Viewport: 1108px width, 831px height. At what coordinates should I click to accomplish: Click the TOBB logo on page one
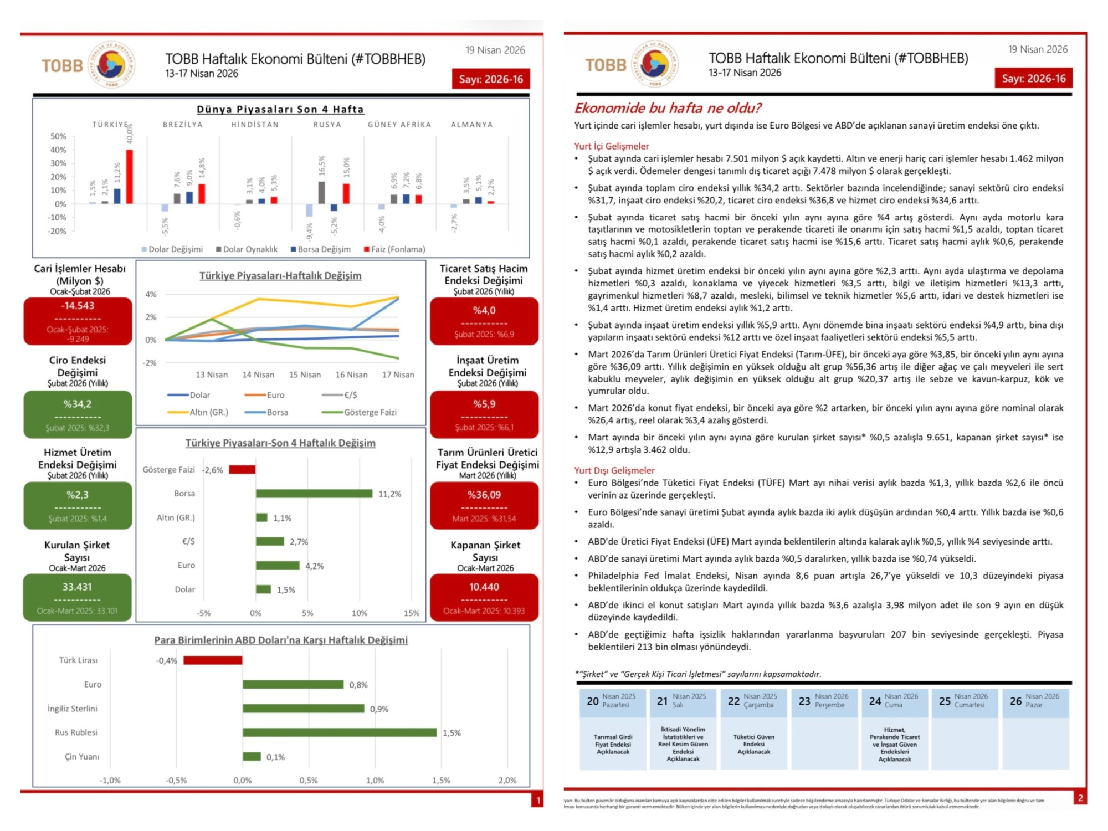(89, 65)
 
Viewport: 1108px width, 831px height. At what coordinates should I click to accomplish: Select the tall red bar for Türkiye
(130, 177)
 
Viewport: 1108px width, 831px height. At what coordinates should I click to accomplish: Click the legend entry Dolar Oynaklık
(247, 249)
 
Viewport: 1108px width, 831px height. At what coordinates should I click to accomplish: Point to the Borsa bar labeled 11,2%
(314, 494)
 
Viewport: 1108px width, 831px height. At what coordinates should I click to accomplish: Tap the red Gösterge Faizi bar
(242, 470)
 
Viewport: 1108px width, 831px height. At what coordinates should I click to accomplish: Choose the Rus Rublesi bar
(340, 732)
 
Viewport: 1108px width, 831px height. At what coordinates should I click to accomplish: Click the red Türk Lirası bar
(213, 660)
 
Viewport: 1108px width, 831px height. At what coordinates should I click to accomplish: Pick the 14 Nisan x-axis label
(258, 375)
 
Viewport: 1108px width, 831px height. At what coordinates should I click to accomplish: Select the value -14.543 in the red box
(78, 306)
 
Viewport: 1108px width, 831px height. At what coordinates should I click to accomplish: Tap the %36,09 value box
(484, 495)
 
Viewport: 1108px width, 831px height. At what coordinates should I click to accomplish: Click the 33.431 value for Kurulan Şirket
(77, 587)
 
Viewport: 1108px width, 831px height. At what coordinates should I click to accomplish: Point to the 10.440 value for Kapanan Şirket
(484, 587)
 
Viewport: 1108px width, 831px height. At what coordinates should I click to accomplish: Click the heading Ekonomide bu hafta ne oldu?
(668, 108)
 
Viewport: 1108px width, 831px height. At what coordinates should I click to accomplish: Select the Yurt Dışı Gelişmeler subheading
(614, 470)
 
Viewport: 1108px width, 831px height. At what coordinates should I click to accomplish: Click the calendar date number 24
(875, 701)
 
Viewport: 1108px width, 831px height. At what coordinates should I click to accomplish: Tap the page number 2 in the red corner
(1080, 798)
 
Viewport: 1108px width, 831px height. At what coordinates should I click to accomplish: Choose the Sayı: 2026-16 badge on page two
(1033, 79)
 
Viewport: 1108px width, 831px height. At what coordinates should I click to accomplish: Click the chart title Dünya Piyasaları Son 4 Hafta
(280, 110)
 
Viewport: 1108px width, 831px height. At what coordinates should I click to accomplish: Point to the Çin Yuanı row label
(82, 757)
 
